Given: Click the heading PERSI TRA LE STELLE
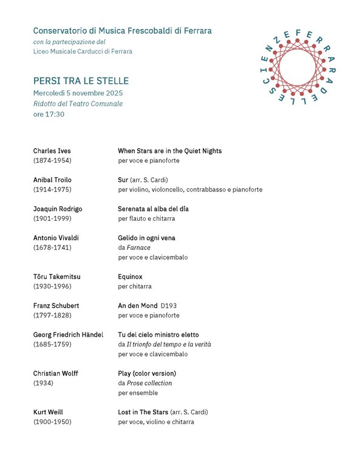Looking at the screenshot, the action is click(x=81, y=81).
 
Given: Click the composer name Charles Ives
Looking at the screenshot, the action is click(x=52, y=150).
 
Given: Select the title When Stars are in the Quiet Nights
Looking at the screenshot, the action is click(x=169, y=150).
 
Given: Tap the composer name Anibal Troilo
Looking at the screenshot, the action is click(x=55, y=180).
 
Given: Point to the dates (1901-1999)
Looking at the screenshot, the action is click(x=53, y=218).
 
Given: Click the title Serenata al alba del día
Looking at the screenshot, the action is click(x=153, y=209).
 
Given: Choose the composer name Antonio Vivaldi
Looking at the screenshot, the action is click(x=56, y=238).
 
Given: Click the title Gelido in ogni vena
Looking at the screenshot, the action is click(x=146, y=238).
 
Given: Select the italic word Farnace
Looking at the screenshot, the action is click(x=138, y=248).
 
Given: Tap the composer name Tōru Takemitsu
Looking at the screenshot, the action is click(x=56, y=277).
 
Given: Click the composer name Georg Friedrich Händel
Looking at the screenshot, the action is click(x=68, y=334).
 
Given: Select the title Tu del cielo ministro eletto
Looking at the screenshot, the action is click(x=158, y=334).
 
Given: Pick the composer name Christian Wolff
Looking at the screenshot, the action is click(x=55, y=373).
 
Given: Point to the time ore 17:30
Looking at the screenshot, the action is click(x=49, y=113).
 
